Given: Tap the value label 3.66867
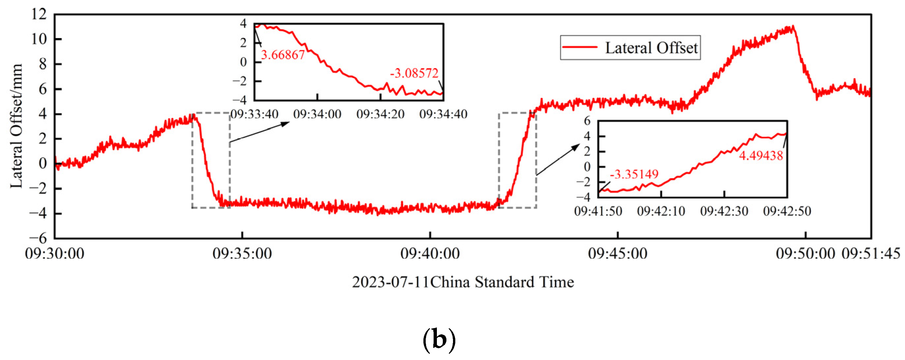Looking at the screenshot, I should pos(282,55).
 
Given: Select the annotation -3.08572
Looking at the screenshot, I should pos(414,73).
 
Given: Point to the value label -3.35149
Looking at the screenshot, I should pos(634,174).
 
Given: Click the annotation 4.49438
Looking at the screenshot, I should pos(761,156).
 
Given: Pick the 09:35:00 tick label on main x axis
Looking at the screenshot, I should pos(242,253).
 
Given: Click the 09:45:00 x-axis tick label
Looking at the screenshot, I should pos(617,253).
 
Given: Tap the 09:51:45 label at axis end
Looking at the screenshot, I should pos(870,253).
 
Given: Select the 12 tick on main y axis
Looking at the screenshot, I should pos(39,14).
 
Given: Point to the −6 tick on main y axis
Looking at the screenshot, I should pos(37,238).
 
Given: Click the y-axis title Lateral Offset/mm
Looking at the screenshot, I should pos(16,126).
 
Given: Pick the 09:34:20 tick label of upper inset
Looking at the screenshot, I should pos(380,114).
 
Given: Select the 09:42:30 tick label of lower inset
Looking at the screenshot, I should pos(724,211).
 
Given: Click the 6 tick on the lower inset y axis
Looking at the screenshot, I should pos(587,121).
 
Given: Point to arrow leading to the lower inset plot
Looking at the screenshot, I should pos(558,159).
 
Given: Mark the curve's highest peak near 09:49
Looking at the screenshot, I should pos(793,27).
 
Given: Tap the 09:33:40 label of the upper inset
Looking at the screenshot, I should pos(254,114).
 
